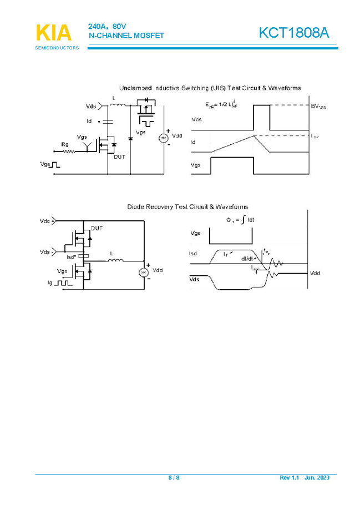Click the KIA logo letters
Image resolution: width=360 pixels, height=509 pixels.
click(x=54, y=33)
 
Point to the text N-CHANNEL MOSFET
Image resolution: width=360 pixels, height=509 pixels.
click(x=126, y=36)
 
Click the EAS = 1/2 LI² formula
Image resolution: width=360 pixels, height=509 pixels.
click(x=221, y=104)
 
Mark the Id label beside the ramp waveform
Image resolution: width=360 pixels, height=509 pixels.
click(x=193, y=143)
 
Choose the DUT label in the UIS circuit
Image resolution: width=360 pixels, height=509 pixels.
click(x=119, y=157)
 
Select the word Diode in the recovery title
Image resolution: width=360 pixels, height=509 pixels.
click(x=135, y=206)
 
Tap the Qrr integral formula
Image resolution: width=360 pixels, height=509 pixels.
click(x=239, y=220)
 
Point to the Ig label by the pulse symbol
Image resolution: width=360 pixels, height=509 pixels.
click(x=50, y=283)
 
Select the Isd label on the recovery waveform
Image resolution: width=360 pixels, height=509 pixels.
click(x=193, y=254)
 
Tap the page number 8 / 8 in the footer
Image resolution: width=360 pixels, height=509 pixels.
click(x=174, y=478)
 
